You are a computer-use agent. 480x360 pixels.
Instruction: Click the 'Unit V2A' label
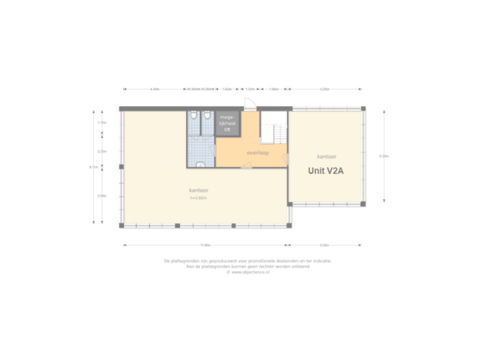[325, 170]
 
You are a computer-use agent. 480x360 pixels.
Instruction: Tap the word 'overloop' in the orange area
[257, 152]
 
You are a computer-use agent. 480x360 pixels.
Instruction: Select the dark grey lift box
[227, 124]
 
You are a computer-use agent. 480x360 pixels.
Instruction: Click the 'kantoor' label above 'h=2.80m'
[197, 191]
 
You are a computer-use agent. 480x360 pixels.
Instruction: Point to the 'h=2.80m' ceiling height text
[198, 198]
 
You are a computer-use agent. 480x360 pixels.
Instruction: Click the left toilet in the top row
[193, 116]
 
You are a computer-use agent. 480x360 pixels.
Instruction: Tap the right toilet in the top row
[207, 116]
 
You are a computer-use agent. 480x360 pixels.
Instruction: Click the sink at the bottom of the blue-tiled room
[201, 163]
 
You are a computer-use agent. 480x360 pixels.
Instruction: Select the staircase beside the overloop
[272, 127]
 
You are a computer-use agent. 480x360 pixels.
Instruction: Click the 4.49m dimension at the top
[155, 89]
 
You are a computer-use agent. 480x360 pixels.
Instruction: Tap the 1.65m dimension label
[227, 89]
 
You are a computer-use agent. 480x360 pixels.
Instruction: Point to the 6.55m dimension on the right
[384, 157]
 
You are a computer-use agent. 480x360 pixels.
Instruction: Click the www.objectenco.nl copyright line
[247, 272]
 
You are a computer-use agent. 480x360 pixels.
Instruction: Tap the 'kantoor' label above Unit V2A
[326, 156]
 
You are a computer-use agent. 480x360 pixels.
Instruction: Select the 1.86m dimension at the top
[273, 89]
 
